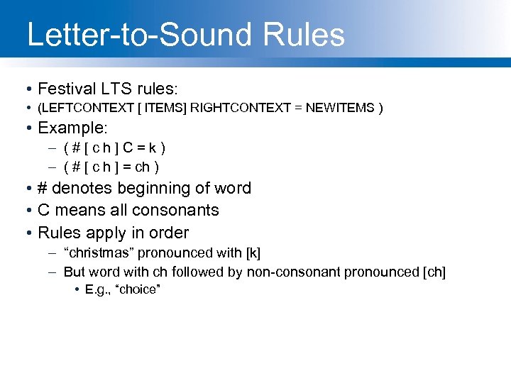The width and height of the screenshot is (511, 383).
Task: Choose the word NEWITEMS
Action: tap(340, 108)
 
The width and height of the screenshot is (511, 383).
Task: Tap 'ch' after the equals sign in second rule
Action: tap(144, 167)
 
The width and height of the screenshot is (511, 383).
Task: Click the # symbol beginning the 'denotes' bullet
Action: tap(43, 188)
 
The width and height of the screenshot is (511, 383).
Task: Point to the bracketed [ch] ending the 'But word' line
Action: tap(434, 272)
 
